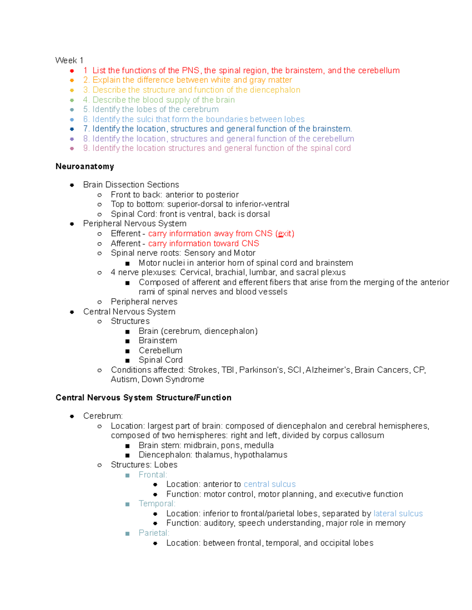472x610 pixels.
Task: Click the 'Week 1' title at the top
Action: pos(69,60)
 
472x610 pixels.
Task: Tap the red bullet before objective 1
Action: pos(72,71)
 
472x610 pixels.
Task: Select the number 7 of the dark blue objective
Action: pos(86,129)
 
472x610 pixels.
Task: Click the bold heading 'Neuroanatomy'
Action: pos(85,167)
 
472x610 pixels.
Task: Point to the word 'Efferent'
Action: pos(125,234)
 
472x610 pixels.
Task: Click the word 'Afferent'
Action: pos(125,244)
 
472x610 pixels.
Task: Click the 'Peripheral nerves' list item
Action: pos(144,302)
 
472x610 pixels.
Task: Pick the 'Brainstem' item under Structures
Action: pos(158,341)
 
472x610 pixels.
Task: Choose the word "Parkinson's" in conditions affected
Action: pos(261,370)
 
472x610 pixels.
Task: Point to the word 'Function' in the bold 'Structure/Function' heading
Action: pos(214,398)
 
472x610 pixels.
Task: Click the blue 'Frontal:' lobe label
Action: pos(153,474)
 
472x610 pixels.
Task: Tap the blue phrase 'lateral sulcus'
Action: pos(398,514)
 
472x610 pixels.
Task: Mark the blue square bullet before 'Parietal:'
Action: pos(127,533)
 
